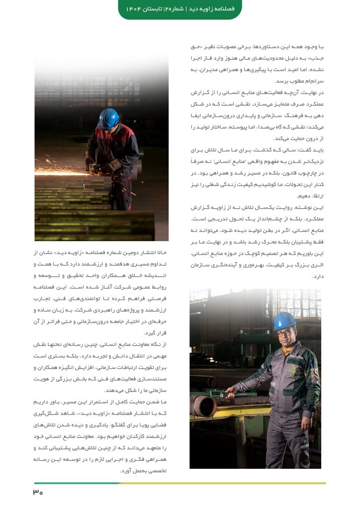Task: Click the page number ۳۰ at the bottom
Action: tap(38, 493)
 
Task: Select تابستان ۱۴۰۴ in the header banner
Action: tap(143, 8)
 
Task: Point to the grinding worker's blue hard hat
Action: tap(107, 118)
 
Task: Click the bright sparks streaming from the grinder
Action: tap(65, 172)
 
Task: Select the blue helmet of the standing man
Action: tap(284, 321)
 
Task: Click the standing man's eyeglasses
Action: tap(285, 333)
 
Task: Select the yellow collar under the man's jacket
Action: tap(286, 350)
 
